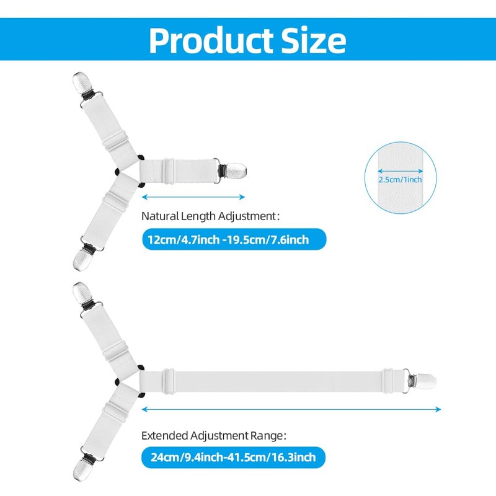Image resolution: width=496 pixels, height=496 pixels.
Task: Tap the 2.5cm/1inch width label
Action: point(401,179)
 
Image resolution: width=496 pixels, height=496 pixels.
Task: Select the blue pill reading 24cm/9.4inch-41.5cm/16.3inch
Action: point(232,458)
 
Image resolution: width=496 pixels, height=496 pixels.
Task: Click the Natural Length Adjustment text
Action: point(211,216)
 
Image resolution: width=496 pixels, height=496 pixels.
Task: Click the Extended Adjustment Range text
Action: point(213,435)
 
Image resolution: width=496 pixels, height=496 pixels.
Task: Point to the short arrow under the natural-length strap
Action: point(193,197)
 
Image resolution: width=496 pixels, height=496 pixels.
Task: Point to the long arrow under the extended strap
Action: point(291,409)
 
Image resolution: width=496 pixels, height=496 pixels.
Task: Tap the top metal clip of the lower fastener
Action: point(82,293)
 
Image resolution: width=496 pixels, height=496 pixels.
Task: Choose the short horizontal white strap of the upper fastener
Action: point(177,169)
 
